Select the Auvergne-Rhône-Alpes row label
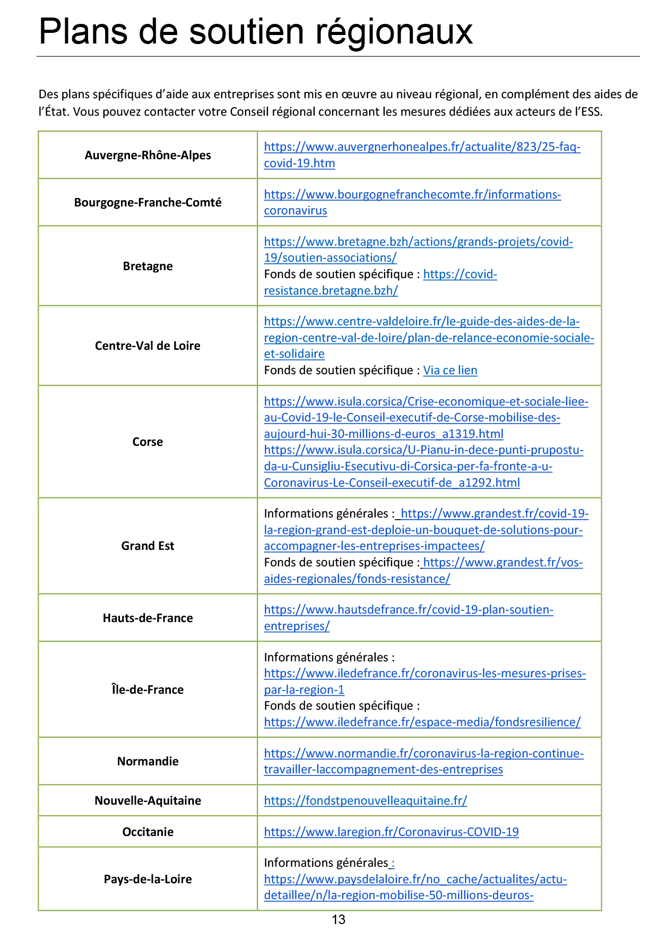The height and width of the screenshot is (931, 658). [148, 155]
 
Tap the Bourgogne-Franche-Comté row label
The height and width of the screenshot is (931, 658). [148, 202]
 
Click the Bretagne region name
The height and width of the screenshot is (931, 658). [148, 266]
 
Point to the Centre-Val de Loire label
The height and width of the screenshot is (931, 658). [148, 346]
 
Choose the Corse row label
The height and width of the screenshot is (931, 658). [148, 442]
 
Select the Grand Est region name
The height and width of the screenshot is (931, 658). [148, 546]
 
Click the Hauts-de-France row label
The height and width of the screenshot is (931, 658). [148, 618]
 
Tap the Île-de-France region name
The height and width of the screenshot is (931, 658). [148, 689]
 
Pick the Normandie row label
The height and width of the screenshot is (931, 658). [148, 761]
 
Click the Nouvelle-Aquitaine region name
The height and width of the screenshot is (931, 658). [148, 800]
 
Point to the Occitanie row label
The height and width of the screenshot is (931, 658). [148, 832]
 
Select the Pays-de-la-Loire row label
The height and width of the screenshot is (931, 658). [148, 879]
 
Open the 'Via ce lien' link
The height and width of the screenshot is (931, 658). [450, 370]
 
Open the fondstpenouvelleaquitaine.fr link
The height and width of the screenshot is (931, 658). [366, 800]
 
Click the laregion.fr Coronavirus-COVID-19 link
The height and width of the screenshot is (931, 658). [391, 832]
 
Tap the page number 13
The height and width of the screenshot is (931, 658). [339, 920]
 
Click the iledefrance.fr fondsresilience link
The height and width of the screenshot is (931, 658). [422, 722]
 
